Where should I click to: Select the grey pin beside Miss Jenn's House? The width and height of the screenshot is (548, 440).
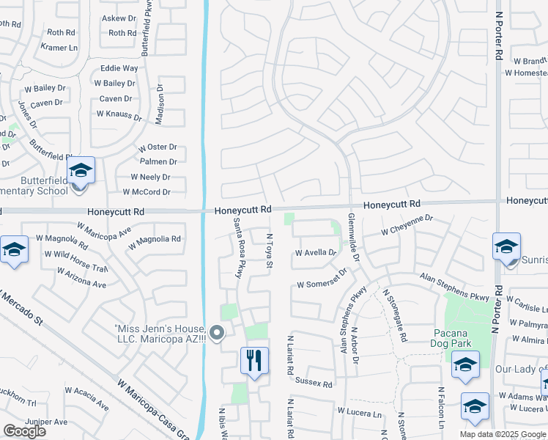click(216, 334)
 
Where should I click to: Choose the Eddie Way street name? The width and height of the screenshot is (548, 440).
click(119, 68)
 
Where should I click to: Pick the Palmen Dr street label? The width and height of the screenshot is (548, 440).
click(159, 161)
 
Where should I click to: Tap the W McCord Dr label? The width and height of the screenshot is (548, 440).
click(147, 192)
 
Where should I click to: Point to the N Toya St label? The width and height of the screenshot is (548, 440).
click(269, 251)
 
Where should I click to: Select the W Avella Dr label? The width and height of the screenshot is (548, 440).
click(315, 253)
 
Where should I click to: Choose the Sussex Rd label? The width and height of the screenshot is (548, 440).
click(314, 383)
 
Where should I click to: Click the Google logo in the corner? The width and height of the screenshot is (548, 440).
click(24, 431)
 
